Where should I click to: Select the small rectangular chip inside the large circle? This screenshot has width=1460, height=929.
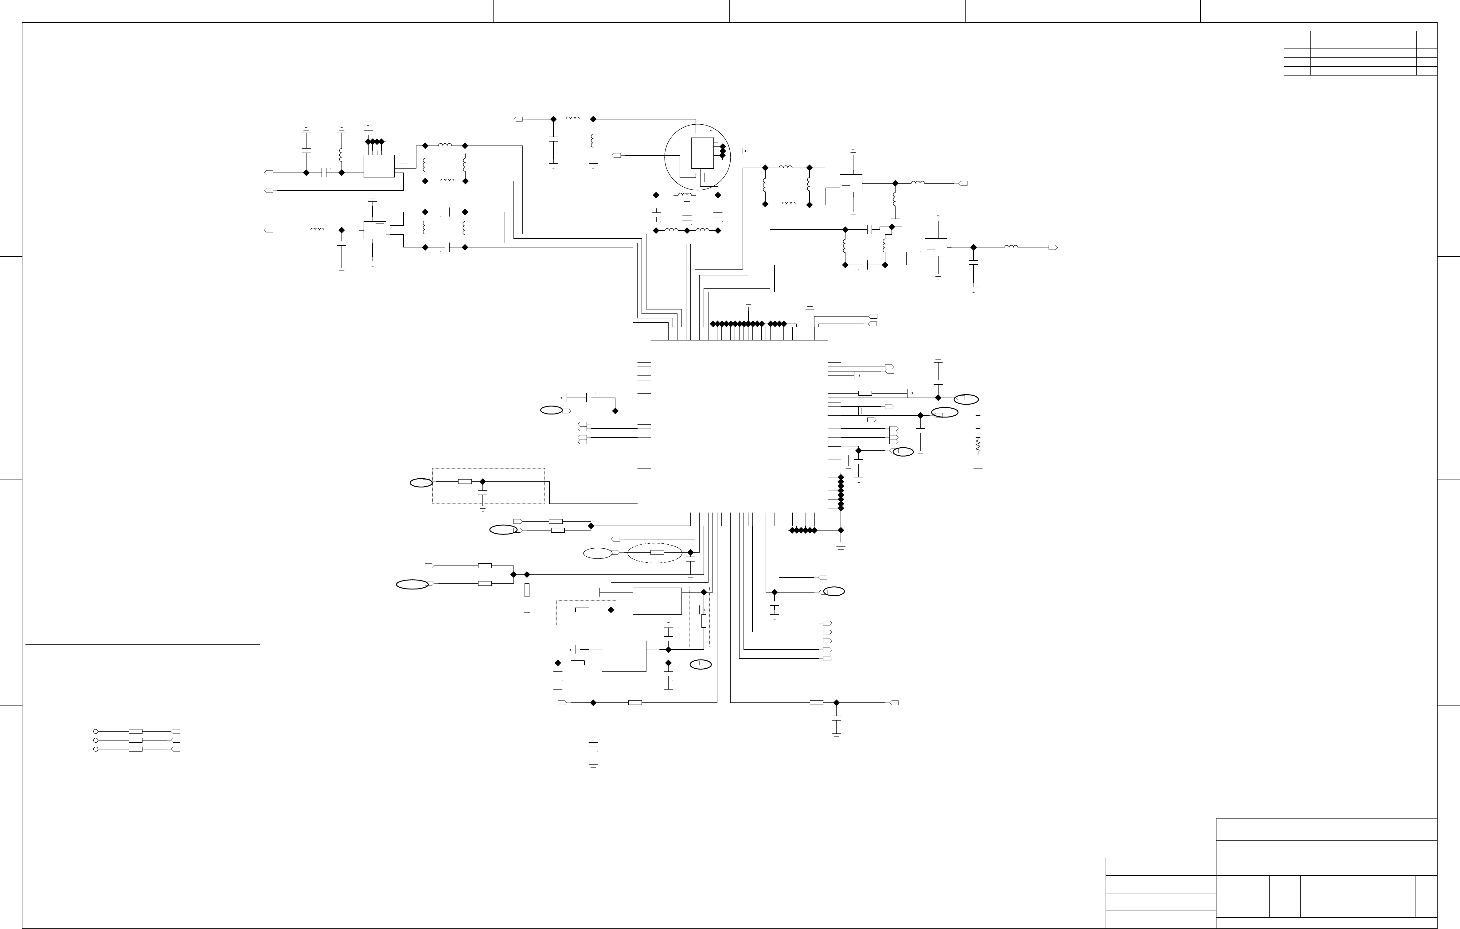pos(702,153)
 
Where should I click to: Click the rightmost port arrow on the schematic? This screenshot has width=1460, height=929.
pos(1053,247)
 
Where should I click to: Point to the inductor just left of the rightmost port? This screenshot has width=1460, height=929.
pos(1011,247)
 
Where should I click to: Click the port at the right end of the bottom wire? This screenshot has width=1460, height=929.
pos(894,703)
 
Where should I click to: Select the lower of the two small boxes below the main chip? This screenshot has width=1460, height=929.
pos(624,656)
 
